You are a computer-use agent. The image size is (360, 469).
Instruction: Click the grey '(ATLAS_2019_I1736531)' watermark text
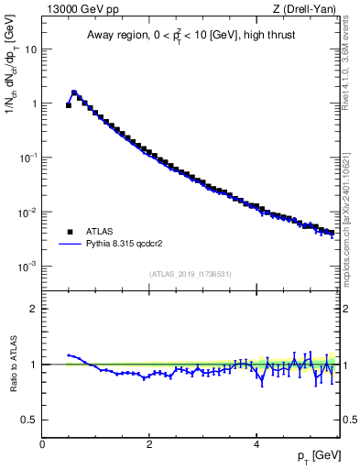pos(190,275)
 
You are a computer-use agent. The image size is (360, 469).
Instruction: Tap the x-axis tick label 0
pos(42,444)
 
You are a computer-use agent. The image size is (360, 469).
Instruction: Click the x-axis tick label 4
pos(256,444)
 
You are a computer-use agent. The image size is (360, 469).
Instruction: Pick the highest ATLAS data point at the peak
pos(74,93)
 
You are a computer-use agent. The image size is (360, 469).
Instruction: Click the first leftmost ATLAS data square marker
pos(69,105)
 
